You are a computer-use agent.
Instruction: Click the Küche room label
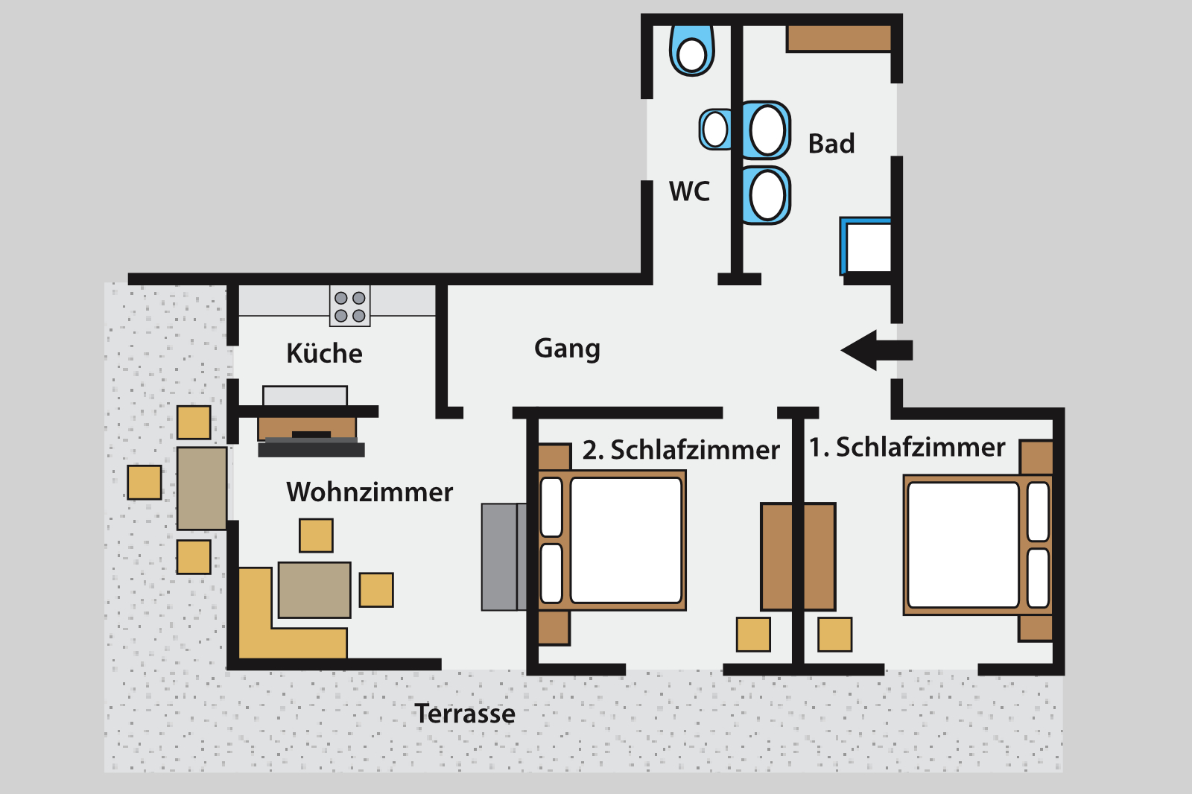click(324, 353)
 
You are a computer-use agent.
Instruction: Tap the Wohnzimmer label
click(370, 492)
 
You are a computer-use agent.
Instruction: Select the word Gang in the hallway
click(567, 349)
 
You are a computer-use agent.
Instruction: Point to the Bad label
click(831, 144)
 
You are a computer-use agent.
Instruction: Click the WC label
click(690, 191)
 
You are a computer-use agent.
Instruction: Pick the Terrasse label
click(465, 714)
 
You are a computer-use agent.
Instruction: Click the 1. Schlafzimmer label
click(907, 447)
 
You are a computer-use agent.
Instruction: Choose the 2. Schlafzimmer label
click(681, 450)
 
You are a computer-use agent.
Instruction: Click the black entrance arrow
click(877, 350)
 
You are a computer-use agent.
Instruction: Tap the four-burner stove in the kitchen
click(349, 306)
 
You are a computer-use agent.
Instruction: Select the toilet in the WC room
click(692, 51)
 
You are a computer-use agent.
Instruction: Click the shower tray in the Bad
click(866, 246)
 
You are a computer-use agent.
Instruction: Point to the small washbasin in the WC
click(714, 130)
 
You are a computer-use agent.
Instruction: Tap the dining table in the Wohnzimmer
click(314, 590)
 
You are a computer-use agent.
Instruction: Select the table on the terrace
click(202, 489)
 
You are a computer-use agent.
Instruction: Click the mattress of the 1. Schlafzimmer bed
click(963, 545)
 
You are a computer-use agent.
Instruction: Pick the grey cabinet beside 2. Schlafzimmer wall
click(504, 556)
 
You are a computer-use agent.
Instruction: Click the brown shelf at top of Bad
click(839, 38)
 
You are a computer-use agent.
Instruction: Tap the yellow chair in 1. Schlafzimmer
click(835, 635)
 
